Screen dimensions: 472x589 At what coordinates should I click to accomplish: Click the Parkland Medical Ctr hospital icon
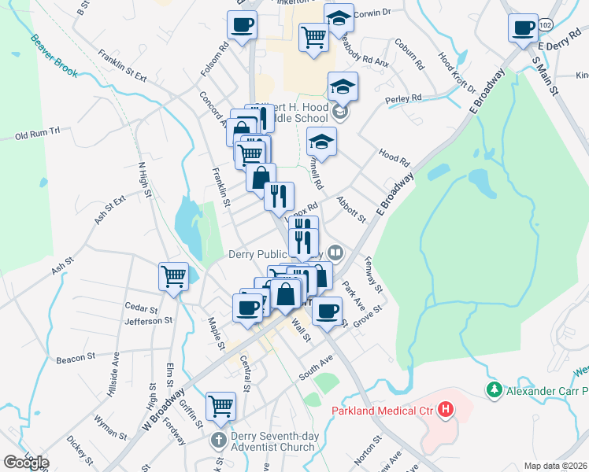click(446, 409)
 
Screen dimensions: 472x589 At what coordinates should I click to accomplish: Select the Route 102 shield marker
click(546, 26)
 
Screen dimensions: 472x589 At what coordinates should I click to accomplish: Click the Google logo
click(26, 463)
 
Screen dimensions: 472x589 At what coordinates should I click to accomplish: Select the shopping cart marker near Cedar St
click(173, 277)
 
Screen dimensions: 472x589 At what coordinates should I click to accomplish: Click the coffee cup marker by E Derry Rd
click(523, 29)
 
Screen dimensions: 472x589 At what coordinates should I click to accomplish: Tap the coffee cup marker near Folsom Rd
click(242, 24)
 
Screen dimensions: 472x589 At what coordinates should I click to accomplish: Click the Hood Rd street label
click(395, 157)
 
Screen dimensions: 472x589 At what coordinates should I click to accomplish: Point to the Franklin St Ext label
click(123, 65)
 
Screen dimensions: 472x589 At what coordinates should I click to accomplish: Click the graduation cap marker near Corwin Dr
click(339, 19)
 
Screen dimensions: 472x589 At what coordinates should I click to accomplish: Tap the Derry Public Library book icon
click(335, 253)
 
